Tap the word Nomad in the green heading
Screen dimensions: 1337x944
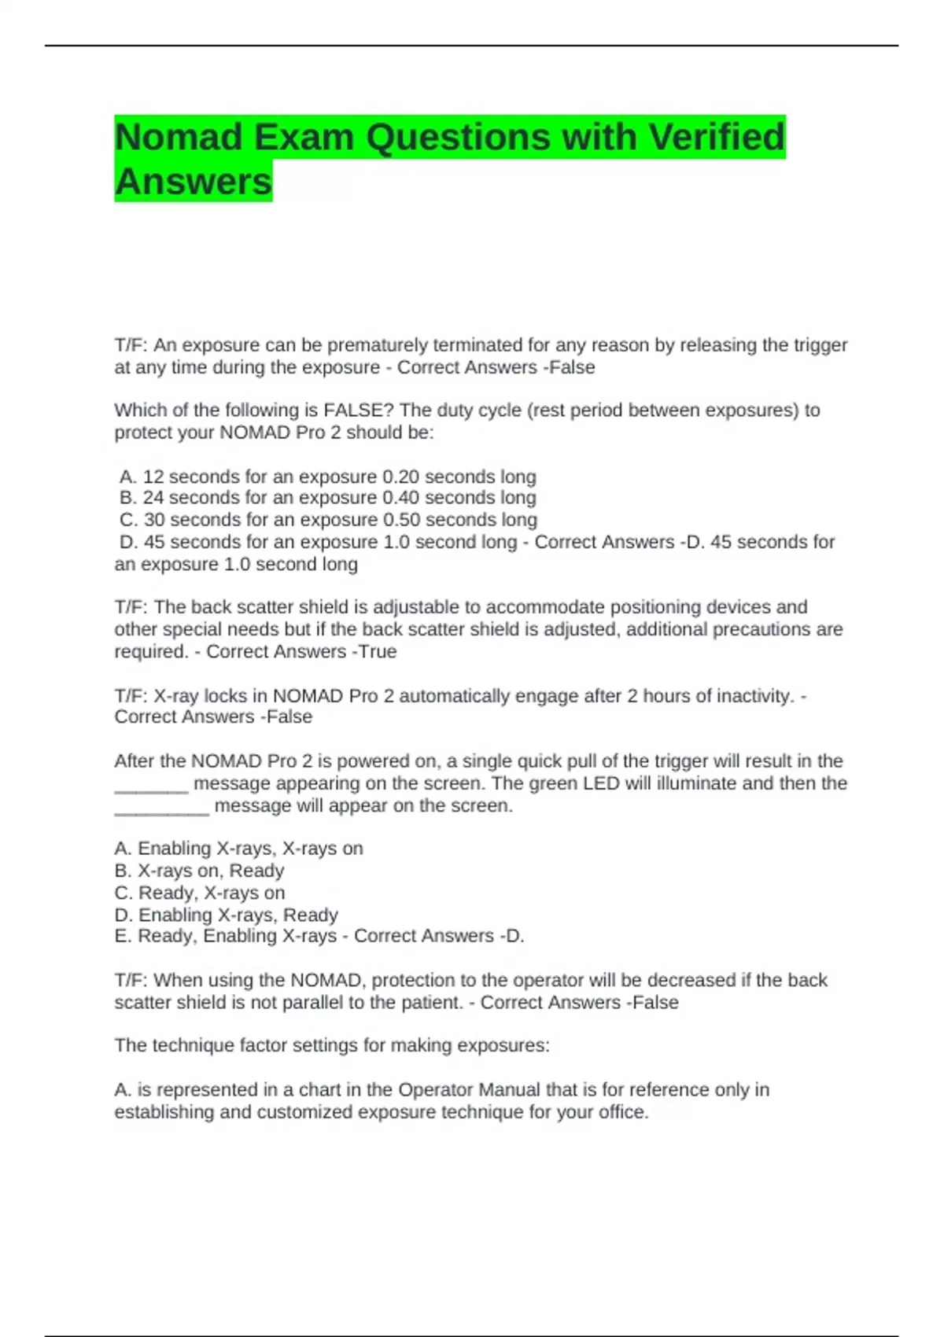(179, 138)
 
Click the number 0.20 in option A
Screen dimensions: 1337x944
(400, 477)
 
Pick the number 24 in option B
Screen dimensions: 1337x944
(153, 498)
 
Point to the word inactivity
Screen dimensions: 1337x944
(754, 696)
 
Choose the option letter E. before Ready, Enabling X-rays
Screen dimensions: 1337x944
(124, 936)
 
